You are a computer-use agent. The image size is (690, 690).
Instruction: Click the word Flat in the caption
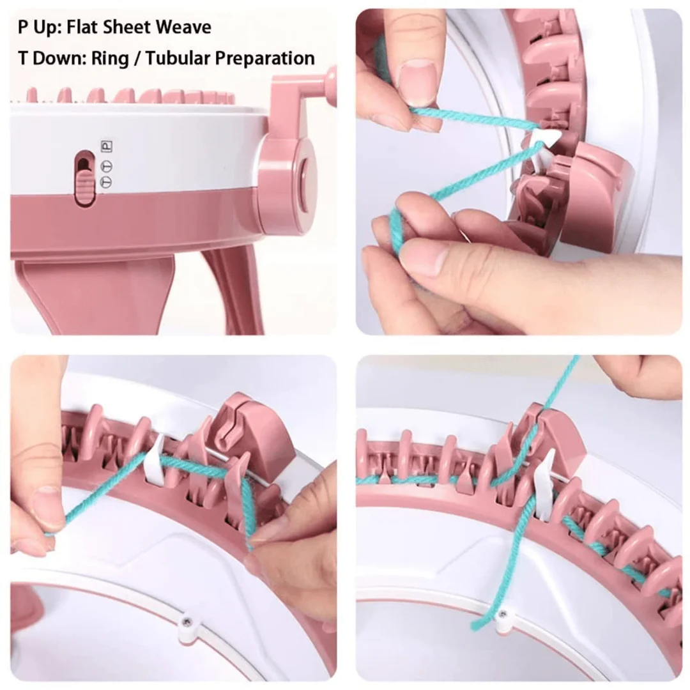click(86, 27)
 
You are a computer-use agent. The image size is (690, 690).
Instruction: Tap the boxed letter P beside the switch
click(107, 146)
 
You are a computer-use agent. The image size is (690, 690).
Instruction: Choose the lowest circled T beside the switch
click(107, 181)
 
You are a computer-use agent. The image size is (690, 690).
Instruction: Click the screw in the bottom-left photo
click(187, 621)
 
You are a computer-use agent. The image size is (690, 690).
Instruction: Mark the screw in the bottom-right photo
click(503, 613)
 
